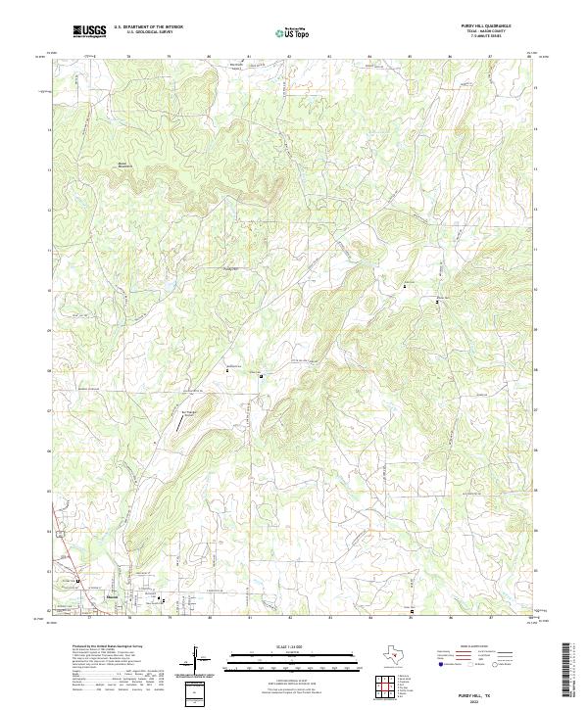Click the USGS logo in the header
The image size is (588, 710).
coord(90,31)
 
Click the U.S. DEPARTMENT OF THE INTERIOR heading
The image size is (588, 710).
coord(148,28)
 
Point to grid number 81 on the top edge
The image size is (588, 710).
coord(249,57)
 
